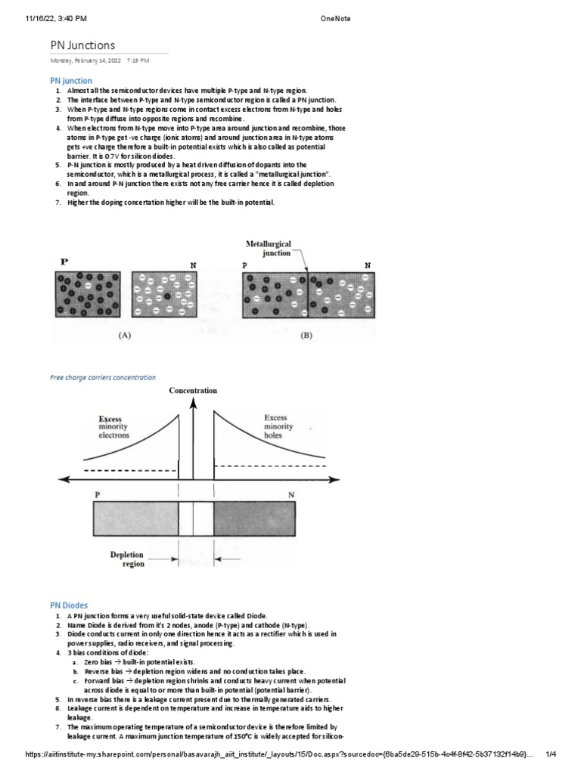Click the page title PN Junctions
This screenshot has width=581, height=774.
coord(83,45)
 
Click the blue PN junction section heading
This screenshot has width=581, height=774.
coord(71,80)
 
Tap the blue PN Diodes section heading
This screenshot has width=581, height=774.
coord(69,605)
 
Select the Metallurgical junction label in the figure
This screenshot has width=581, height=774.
coord(267,249)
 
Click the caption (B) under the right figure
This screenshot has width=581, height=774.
coord(306,336)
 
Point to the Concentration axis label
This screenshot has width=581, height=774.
coord(193,390)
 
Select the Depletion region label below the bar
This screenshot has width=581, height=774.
coord(127,559)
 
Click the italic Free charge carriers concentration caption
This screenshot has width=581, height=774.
coord(103,376)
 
